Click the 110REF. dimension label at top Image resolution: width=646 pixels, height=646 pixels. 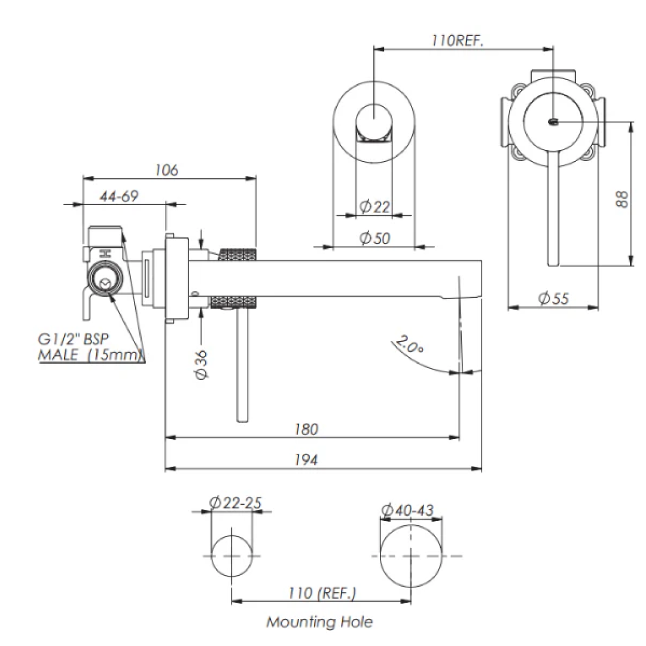pyautogui.click(x=458, y=41)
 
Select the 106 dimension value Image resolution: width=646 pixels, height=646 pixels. pyautogui.click(x=166, y=170)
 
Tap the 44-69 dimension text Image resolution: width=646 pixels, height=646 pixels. pyautogui.click(x=119, y=196)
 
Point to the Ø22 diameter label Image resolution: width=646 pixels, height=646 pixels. pyautogui.click(x=375, y=206)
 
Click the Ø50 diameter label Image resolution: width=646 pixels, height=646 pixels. pyautogui.click(x=375, y=237)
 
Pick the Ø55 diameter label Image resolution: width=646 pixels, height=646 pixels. pyautogui.click(x=554, y=298)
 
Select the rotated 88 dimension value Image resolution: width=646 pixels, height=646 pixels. pyautogui.click(x=622, y=199)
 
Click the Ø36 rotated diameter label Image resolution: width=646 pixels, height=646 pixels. pyautogui.click(x=202, y=365)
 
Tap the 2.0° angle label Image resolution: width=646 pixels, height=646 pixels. pyautogui.click(x=410, y=345)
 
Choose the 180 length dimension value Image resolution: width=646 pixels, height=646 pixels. pyautogui.click(x=306, y=429)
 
